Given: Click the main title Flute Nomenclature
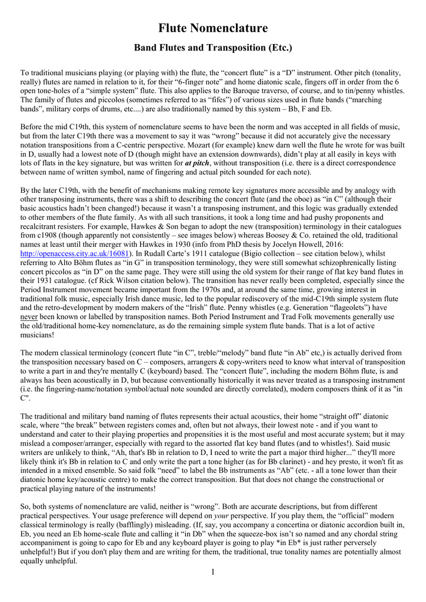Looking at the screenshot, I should (x=213, y=28).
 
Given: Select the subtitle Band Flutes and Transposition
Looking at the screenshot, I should (x=213, y=47).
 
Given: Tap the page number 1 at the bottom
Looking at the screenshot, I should (x=212, y=572).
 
